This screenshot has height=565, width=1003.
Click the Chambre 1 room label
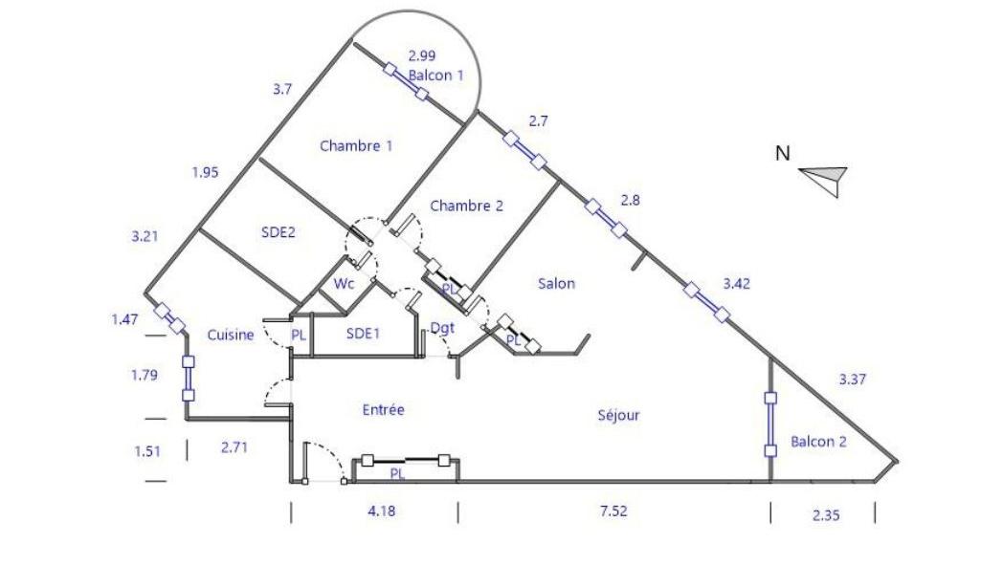point(356,146)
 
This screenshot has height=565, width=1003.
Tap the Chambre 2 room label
point(466,206)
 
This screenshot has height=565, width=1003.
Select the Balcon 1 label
point(435,75)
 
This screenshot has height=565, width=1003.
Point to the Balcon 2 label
point(818,442)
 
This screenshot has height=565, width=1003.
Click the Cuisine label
point(231,335)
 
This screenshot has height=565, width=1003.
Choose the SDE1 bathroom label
point(364,333)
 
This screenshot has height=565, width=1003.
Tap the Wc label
point(345,284)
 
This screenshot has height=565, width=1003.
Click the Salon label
point(556,283)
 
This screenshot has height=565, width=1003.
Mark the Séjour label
point(618,415)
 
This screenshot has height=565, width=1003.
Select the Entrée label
point(383,409)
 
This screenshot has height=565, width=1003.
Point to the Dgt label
point(442,328)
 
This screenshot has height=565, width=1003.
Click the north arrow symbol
point(824,179)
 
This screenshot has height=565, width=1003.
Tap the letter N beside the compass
point(783,153)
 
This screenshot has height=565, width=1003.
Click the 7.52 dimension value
point(613,511)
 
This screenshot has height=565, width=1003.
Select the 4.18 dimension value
point(381,511)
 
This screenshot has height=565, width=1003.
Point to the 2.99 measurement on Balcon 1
point(421,55)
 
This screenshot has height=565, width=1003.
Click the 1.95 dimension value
point(205,172)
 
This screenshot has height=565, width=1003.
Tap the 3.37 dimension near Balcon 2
point(852,380)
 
